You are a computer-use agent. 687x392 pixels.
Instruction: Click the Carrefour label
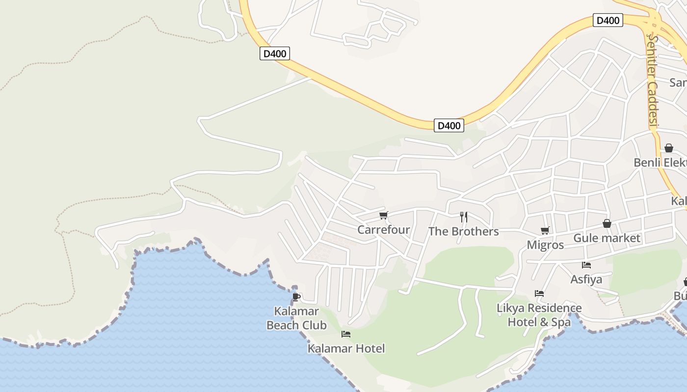(383, 229)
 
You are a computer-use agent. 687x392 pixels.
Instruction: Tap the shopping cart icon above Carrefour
(384, 215)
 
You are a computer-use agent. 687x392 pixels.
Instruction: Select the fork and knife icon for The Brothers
(464, 217)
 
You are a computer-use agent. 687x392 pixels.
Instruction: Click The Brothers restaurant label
(463, 231)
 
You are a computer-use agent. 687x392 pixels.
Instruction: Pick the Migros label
(545, 245)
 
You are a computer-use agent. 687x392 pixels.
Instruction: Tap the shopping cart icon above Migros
(545, 230)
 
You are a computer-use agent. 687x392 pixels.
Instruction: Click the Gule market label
(607, 238)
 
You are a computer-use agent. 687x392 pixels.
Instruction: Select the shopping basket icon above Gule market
(607, 223)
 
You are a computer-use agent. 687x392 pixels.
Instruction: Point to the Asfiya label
(586, 279)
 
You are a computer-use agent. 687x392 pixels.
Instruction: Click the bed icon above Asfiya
(586, 265)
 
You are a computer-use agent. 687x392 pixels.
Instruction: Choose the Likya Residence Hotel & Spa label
(539, 315)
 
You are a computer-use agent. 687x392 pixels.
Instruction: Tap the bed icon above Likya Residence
(539, 294)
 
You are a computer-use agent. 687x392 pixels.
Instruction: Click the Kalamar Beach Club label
(296, 318)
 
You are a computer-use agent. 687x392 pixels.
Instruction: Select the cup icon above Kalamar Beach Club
(296, 297)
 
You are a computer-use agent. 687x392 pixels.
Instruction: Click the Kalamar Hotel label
(346, 348)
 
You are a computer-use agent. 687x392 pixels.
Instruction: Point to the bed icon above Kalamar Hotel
(346, 334)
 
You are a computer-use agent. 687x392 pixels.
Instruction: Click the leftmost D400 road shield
(275, 53)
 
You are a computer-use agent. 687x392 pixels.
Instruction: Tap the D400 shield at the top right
(608, 21)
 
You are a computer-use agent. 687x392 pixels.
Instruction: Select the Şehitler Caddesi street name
(653, 81)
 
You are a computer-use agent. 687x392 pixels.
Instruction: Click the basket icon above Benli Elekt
(668, 148)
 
